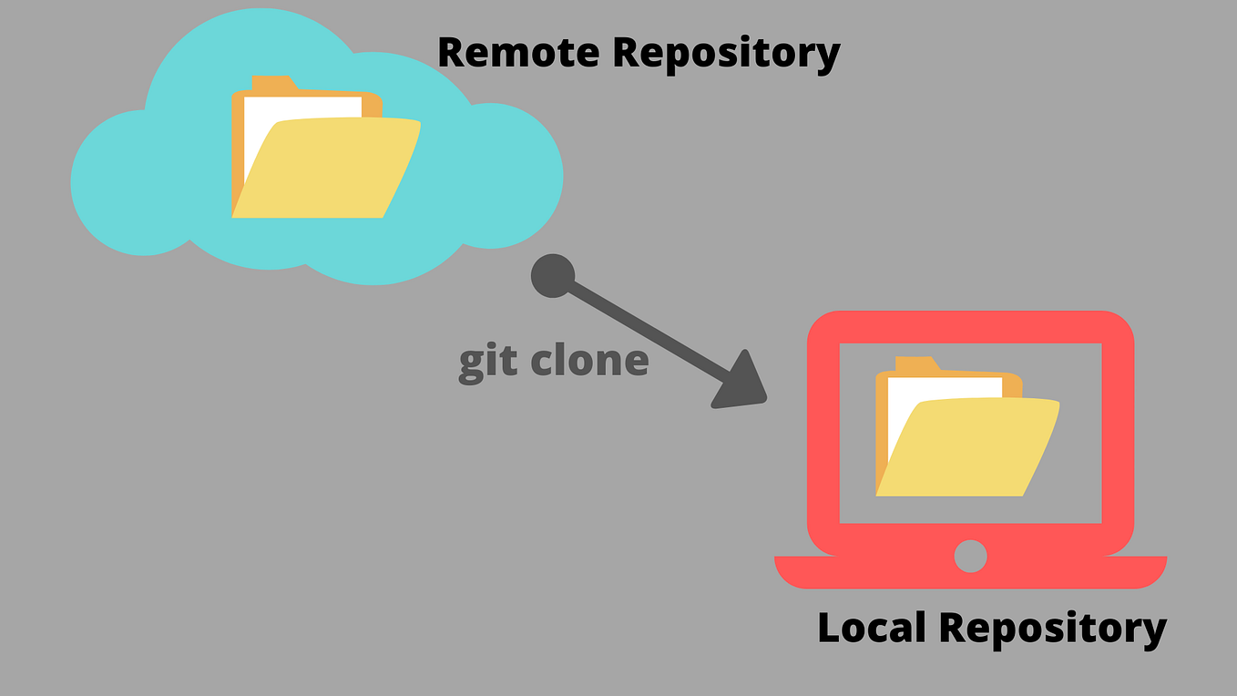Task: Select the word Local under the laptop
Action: (872, 628)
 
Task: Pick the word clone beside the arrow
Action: (589, 360)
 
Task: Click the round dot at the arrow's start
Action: (553, 276)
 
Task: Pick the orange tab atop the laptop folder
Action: (916, 364)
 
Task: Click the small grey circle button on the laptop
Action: (970, 556)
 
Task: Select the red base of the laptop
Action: (970, 574)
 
